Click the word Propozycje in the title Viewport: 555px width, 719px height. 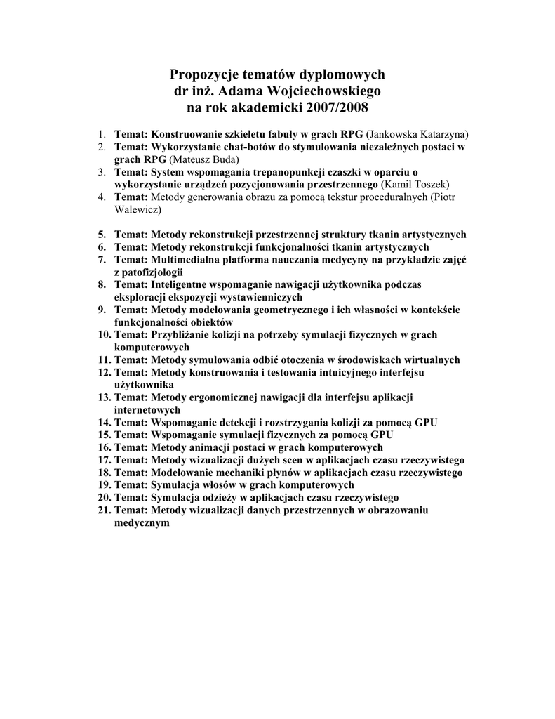[203, 74]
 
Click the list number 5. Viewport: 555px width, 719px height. [102, 235]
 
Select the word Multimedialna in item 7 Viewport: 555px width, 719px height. [185, 260]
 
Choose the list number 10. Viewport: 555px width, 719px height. [104, 335]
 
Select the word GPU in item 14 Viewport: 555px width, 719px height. [426, 423]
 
